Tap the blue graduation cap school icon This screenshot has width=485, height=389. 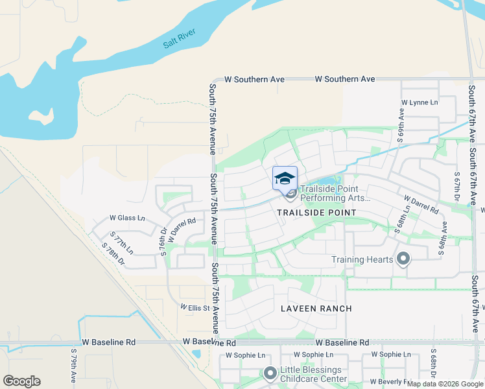[x=285, y=178]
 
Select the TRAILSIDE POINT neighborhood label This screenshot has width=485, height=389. [x=316, y=213]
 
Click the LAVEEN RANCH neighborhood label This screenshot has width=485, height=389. [x=316, y=309]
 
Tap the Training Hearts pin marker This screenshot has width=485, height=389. [x=403, y=259]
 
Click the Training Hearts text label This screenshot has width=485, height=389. [x=362, y=260]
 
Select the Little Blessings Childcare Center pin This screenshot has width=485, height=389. [x=270, y=373]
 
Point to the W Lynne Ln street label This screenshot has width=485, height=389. [x=420, y=102]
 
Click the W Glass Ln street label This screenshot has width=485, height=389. [x=127, y=218]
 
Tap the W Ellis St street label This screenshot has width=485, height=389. [x=195, y=307]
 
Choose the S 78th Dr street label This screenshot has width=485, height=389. [x=114, y=253]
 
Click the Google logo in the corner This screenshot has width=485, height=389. [x=21, y=381]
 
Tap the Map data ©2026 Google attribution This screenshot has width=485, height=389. [x=445, y=384]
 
